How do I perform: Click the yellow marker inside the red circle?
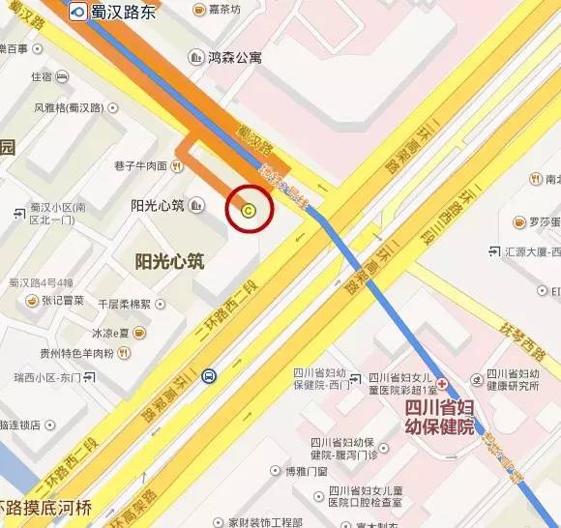tap(250, 209)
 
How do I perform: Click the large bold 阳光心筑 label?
tap(169, 261)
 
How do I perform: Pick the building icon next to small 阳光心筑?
tap(197, 205)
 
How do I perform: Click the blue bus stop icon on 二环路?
tap(208, 376)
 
